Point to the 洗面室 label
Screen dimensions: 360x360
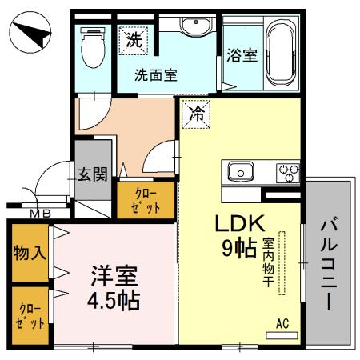pos(155,75)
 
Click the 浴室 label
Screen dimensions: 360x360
pos(242,56)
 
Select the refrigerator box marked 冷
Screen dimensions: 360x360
pos(194,114)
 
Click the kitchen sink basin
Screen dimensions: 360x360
pos(241,170)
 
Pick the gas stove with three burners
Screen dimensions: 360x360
pos(287,171)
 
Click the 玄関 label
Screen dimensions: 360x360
pos(92,174)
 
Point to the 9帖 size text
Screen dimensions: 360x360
pos(238,249)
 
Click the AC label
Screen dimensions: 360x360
pos(282,324)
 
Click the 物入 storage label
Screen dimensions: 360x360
pos(30,254)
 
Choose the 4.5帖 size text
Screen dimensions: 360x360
pos(114,301)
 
